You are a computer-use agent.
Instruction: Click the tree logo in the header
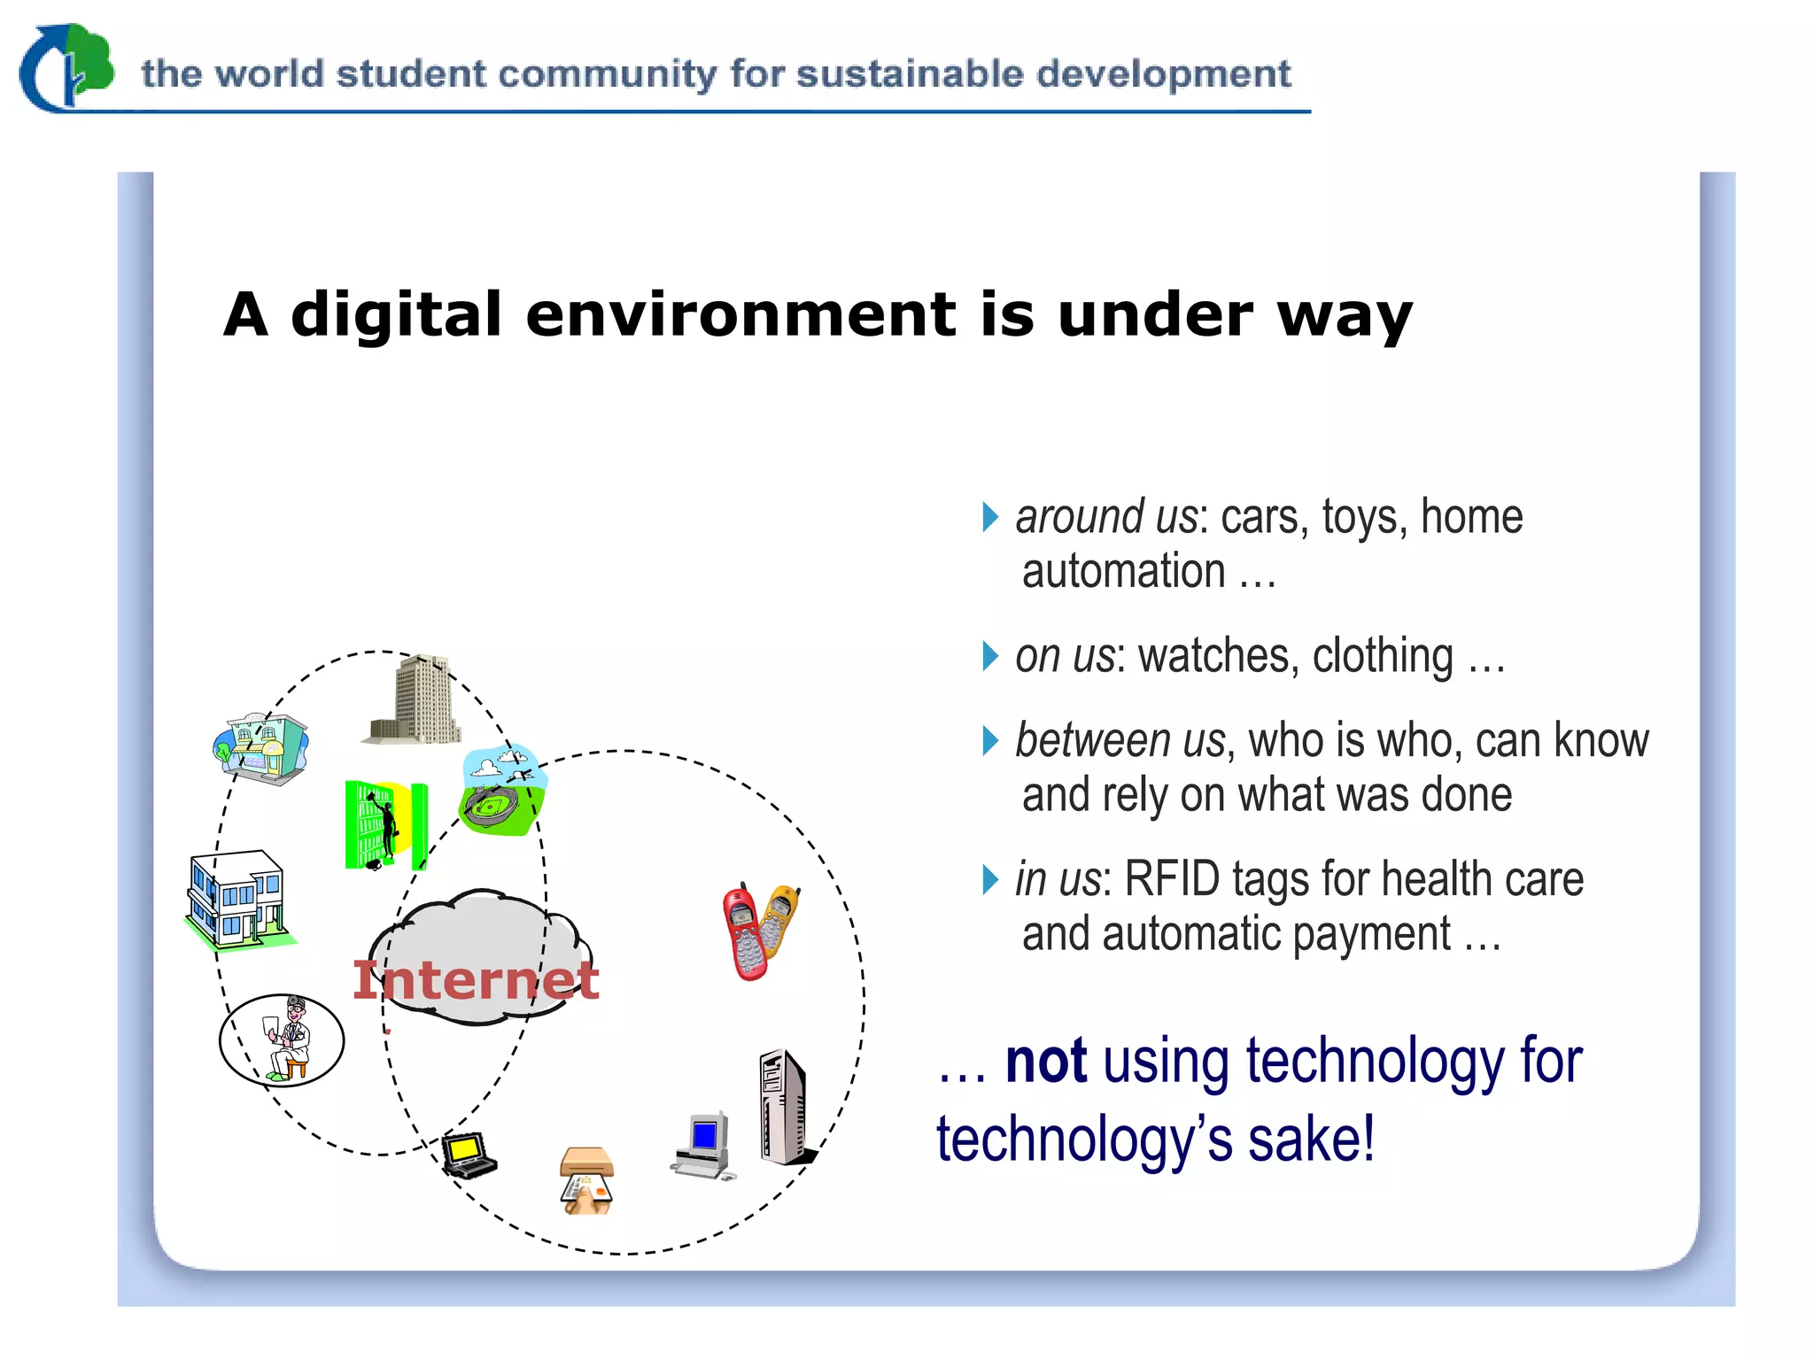[x=69, y=66]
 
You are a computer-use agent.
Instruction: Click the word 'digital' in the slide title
[x=396, y=315]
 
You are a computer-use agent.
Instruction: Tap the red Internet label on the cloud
[x=476, y=980]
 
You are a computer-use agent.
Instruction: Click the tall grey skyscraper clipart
[x=416, y=700]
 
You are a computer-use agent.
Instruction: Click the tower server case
[x=784, y=1107]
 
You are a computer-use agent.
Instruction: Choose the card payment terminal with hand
[x=586, y=1181]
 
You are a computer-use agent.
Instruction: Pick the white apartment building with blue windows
[x=237, y=899]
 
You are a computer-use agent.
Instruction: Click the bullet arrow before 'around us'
[x=990, y=517]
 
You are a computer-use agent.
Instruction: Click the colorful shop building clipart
[x=261, y=748]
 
